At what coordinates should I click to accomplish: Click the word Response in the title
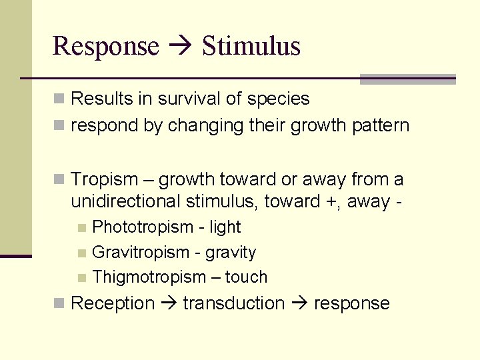pyautogui.click(x=105, y=47)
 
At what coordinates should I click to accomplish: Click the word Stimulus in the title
pyautogui.click(x=251, y=47)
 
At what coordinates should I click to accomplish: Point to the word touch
pyautogui.click(x=246, y=277)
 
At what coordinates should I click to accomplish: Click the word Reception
pyautogui.click(x=112, y=303)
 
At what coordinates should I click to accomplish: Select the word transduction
pyautogui.click(x=234, y=303)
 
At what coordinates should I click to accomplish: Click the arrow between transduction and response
pyautogui.click(x=299, y=304)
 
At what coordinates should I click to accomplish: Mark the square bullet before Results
pyautogui.click(x=59, y=99)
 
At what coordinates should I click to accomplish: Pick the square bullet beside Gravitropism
pyautogui.click(x=81, y=253)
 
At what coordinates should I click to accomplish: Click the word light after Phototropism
pyautogui.click(x=225, y=227)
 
